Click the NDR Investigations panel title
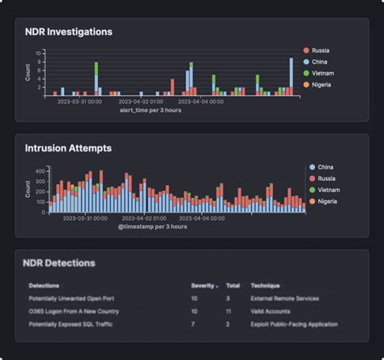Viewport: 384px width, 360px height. coord(69,32)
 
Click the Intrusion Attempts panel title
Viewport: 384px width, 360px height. coord(68,148)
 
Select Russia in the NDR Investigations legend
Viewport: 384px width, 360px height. coord(321,50)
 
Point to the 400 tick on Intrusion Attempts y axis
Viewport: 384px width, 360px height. coord(40,170)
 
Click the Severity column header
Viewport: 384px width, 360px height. coord(203,286)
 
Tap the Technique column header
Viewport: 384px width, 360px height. coord(266,286)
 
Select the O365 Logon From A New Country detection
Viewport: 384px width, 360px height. coord(73,311)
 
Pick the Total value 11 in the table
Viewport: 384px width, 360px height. coord(228,311)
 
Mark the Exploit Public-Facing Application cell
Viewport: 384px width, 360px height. coord(294,324)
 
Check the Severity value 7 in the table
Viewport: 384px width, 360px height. coord(193,324)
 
